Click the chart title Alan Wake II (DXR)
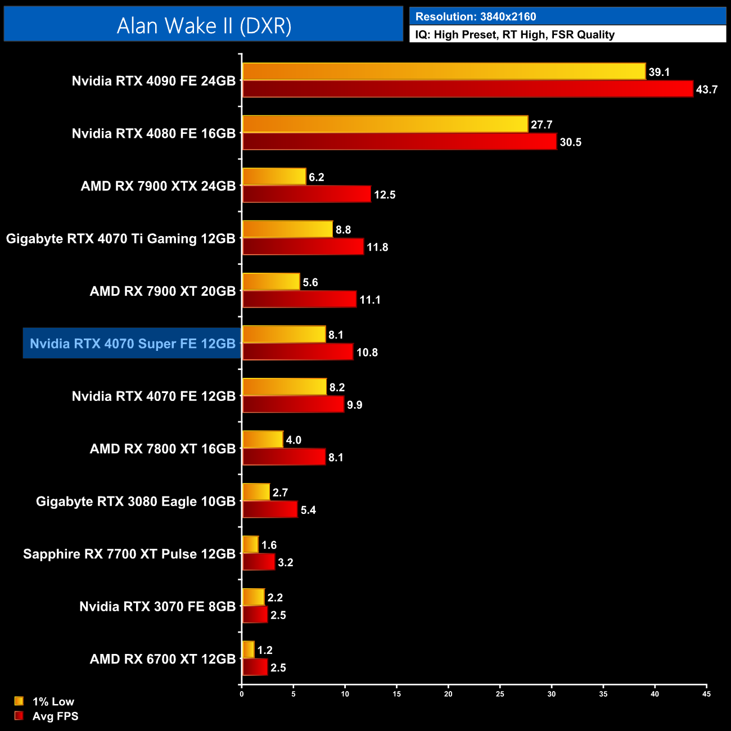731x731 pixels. [204, 25]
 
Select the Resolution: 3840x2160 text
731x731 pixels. [476, 17]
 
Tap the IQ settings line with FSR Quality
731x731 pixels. [515, 35]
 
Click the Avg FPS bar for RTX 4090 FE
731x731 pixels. [467, 89]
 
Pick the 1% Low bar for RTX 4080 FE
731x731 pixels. [385, 124]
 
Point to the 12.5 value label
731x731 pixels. [385, 195]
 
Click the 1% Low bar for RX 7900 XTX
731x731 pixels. [274, 177]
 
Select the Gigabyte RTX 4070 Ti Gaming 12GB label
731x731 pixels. [120, 238]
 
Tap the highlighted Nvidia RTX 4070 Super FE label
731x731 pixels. [132, 344]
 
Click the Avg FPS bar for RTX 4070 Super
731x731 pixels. [297, 352]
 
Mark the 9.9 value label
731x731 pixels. [354, 405]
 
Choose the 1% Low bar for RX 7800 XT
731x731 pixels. [263, 439]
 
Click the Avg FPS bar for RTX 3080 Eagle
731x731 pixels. [269, 509]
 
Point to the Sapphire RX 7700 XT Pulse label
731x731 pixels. [129, 554]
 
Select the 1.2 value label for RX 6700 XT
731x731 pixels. [264, 651]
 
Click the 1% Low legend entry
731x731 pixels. [45, 701]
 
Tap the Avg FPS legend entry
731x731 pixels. [47, 716]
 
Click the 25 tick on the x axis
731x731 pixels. [500, 694]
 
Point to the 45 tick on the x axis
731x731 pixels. [706, 694]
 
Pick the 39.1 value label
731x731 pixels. [659, 73]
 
